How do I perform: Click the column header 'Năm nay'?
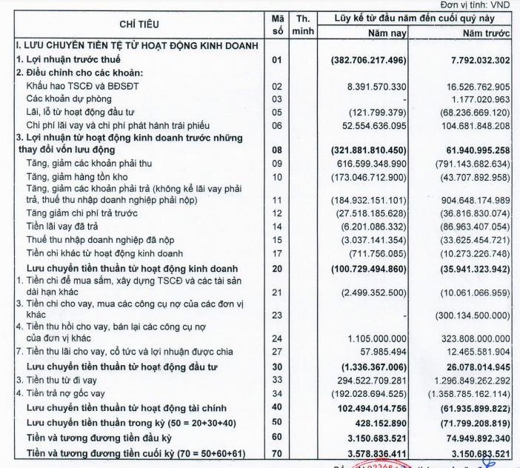(388, 33)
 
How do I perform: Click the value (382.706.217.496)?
(368, 59)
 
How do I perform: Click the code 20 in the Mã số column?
(278, 267)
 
